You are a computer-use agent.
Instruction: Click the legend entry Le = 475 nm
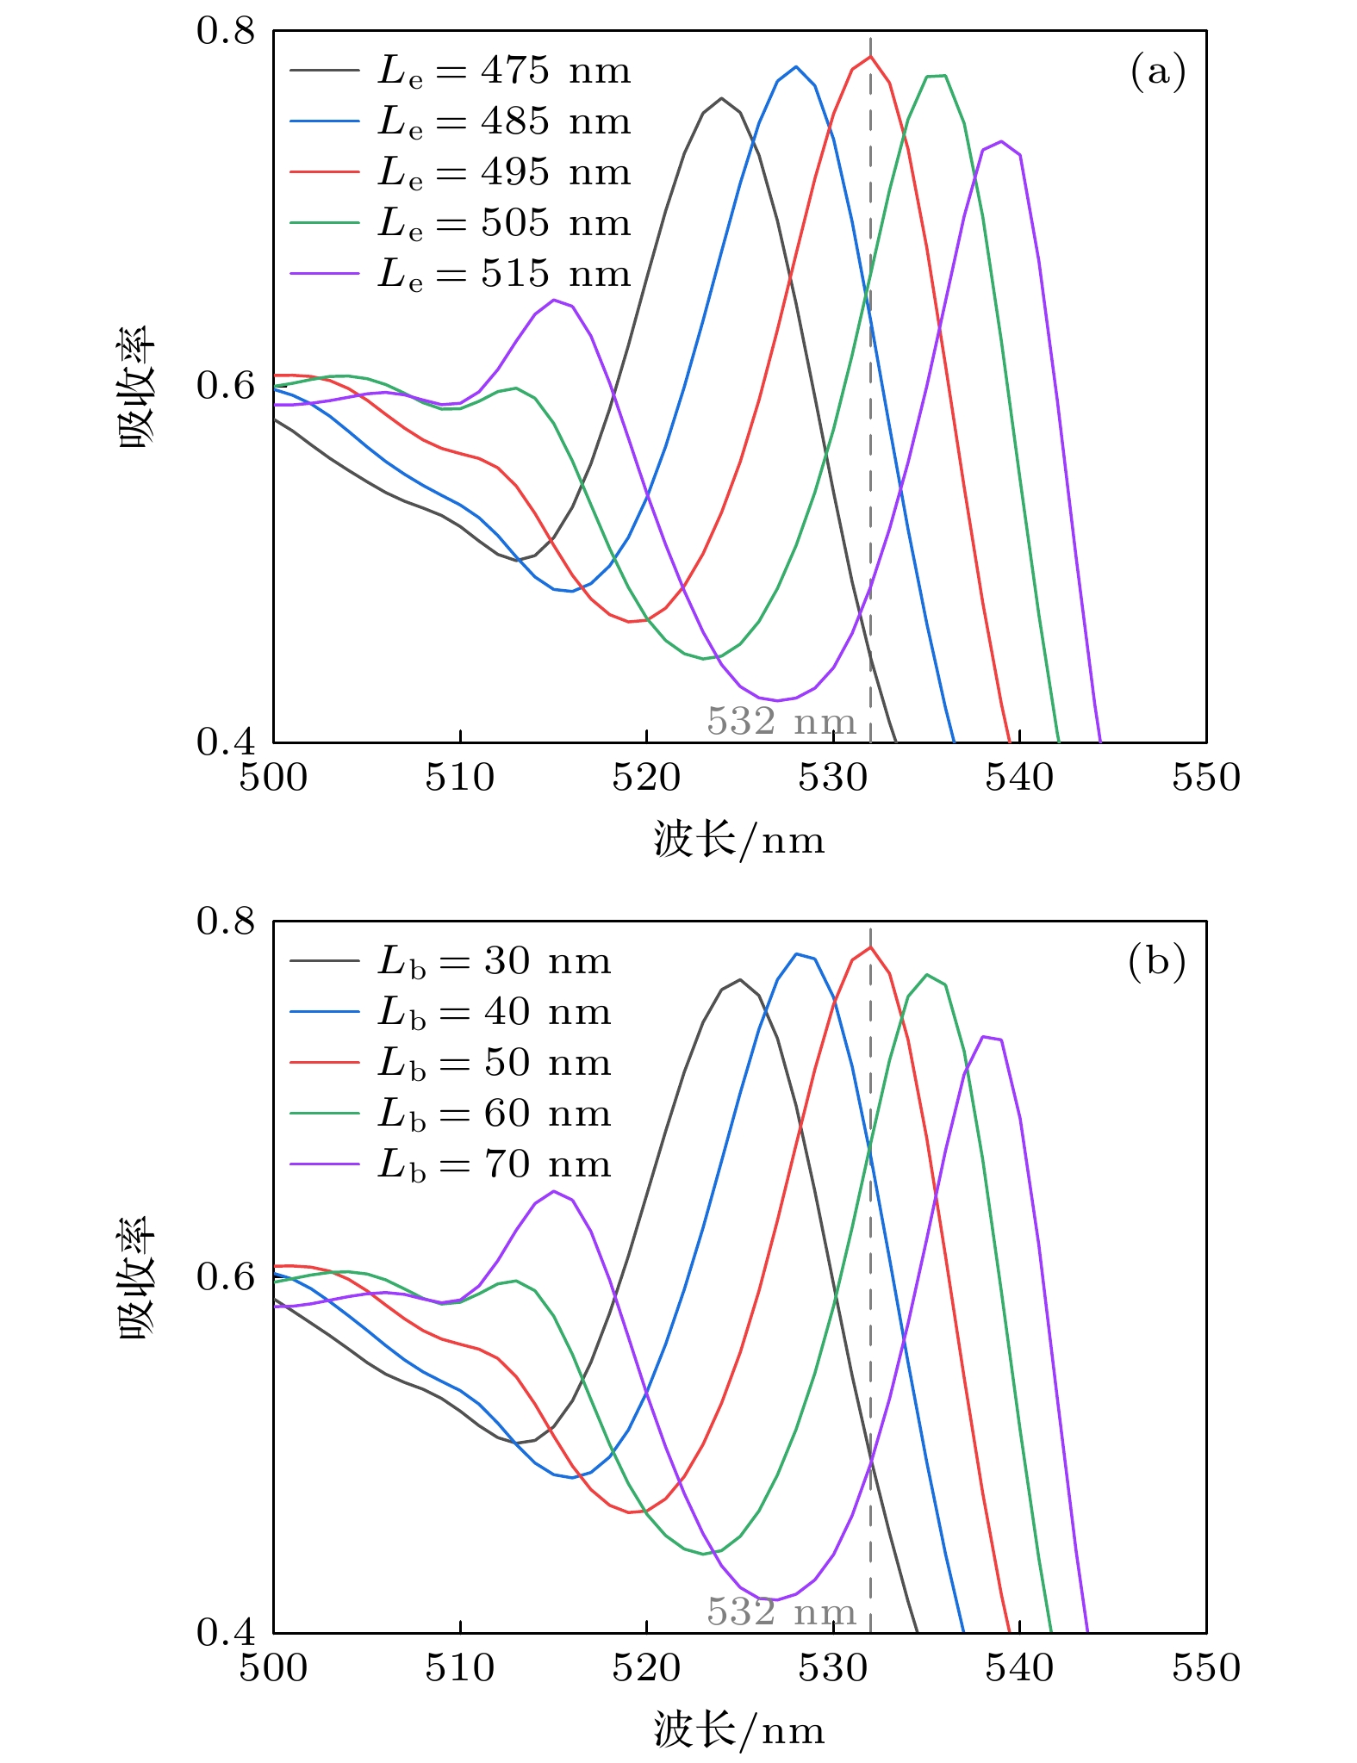pos(503,71)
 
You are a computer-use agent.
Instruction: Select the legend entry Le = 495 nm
pos(503,172)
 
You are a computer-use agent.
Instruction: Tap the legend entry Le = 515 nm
pos(503,274)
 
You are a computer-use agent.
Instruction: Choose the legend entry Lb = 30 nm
pos(494,961)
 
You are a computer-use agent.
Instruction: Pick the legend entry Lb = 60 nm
pos(494,1114)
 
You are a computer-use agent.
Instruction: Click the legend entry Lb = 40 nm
pos(494,1012)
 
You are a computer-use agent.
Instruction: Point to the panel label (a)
pos(1157,71)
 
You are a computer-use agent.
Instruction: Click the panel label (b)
pos(1156,961)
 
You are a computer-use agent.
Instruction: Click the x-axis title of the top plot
pos(738,840)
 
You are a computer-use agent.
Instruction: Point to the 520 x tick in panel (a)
pos(646,778)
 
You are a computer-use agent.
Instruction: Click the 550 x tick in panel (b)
pos(1205,1668)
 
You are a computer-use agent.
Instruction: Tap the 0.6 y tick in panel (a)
pos(226,386)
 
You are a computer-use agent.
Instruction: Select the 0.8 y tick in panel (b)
pos(226,922)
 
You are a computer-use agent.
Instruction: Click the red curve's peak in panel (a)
pos(870,57)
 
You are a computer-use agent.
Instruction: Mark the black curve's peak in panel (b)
pos(740,979)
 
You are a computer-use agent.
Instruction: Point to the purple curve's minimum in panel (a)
pos(777,700)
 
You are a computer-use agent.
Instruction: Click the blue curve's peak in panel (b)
pos(797,953)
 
